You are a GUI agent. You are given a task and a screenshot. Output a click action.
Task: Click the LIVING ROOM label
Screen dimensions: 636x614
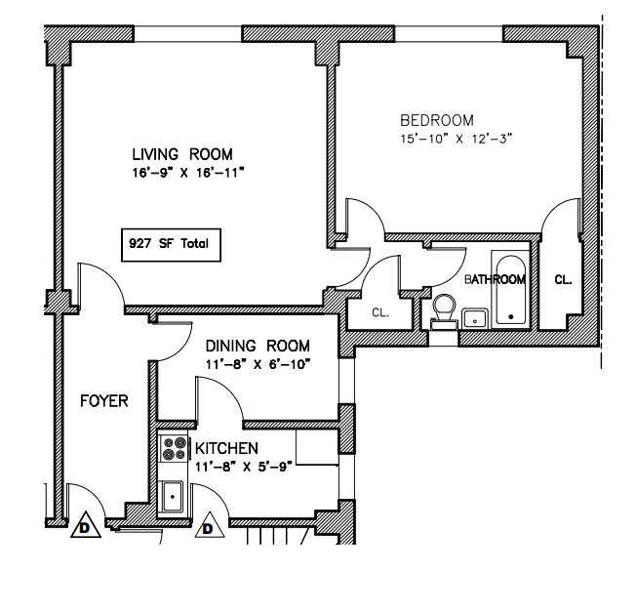[183, 154]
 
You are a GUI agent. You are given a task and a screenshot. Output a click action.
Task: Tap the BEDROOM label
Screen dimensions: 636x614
[437, 120]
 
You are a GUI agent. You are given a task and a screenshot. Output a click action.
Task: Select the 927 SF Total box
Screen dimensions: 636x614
[169, 244]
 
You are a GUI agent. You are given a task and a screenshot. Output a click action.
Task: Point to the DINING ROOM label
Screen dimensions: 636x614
[258, 346]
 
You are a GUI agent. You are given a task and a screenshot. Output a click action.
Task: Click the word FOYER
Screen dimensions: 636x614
[104, 401]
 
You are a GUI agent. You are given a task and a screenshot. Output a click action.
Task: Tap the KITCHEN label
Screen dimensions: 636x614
[226, 448]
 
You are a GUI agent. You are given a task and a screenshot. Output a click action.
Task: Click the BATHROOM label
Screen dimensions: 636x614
[495, 279]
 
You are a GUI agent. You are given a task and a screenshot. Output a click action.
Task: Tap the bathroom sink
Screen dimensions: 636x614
[475, 317]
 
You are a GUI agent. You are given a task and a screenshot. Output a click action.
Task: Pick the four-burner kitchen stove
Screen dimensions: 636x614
[175, 448]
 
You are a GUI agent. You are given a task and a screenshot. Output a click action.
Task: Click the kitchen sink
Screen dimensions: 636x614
[174, 496]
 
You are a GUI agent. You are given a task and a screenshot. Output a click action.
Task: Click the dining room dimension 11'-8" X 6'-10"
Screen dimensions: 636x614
[258, 364]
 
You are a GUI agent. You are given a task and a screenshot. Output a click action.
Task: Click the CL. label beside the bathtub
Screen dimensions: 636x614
[563, 279]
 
